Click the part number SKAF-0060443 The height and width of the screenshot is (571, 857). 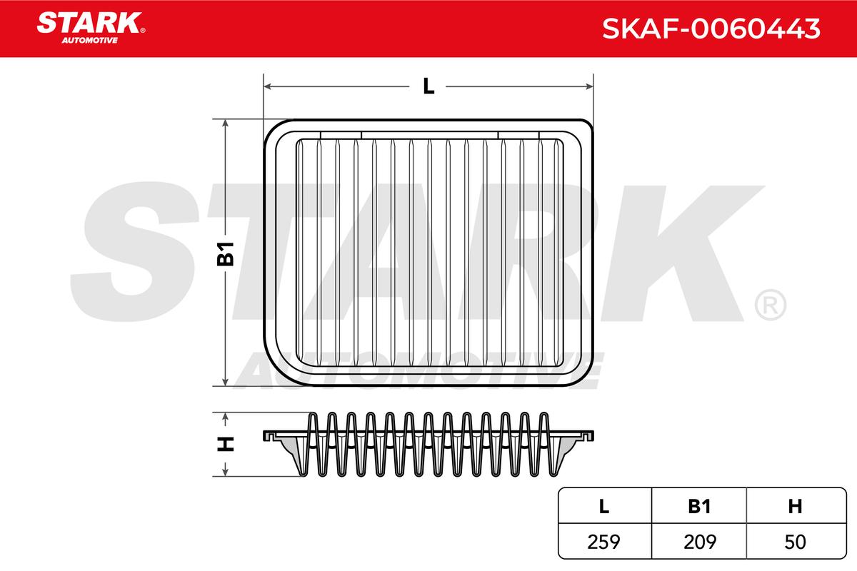(711, 29)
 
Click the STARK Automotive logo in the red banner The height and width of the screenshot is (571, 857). (91, 28)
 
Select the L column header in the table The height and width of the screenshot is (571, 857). (604, 506)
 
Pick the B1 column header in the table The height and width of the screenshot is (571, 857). (699, 506)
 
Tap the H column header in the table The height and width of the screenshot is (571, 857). (796, 506)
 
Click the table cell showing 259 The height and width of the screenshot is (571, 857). (603, 542)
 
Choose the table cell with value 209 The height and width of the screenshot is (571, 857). (700, 542)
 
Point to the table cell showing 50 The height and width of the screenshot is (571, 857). (795, 542)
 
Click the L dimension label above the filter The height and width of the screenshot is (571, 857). (429, 86)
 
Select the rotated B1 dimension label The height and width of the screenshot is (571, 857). (226, 253)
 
